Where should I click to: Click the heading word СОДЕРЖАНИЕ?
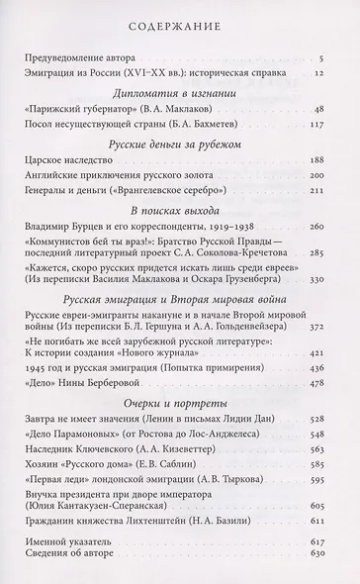179,27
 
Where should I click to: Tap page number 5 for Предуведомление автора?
335,61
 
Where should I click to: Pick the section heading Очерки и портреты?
179,487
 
